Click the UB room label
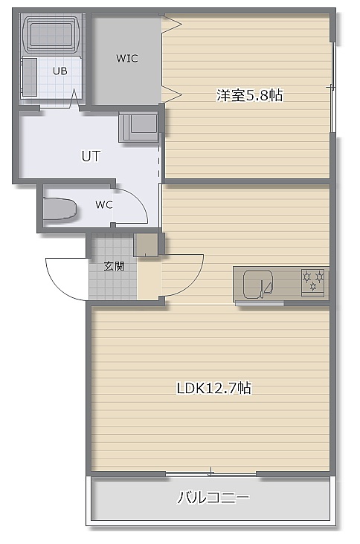tap(60, 71)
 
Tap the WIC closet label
tap(127, 58)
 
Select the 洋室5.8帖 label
tap(250, 95)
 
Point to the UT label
tap(91, 156)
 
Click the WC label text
tap(104, 204)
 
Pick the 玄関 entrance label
tap(115, 266)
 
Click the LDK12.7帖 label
tap(214, 388)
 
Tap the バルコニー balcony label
tap(213, 497)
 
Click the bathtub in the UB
tap(51, 34)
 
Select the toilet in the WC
tap(60, 208)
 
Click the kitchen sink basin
tap(258, 285)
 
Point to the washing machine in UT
tap(138, 126)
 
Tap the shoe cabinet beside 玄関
tap(146, 245)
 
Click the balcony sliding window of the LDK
tap(211, 473)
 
